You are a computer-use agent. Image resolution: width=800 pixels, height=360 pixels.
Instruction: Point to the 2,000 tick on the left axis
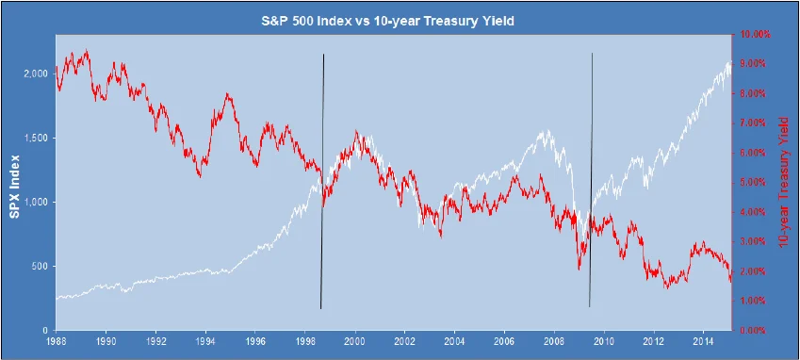[x=36, y=74]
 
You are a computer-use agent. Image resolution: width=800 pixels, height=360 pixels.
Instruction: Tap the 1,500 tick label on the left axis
[x=36, y=138]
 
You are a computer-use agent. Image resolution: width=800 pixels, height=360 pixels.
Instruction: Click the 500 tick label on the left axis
[x=40, y=267]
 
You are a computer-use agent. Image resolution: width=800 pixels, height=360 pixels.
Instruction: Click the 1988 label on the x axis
[x=57, y=343]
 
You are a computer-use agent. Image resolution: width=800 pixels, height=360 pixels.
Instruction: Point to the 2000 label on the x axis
[x=355, y=343]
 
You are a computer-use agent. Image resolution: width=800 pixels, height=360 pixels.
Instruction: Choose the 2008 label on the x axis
[x=554, y=343]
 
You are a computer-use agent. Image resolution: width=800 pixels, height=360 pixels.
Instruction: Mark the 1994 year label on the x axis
[x=206, y=343]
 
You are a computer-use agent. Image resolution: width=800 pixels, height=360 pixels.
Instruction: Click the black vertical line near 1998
[x=322, y=179]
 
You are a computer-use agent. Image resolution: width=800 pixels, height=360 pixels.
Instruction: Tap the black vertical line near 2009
[x=591, y=179]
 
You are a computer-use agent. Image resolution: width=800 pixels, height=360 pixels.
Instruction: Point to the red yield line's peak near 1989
[x=87, y=51]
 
